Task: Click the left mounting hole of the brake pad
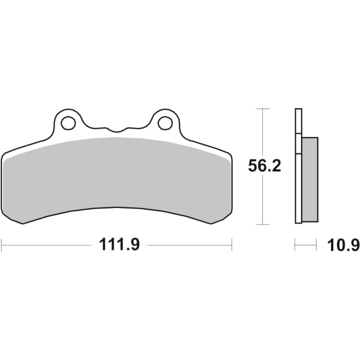[68, 123]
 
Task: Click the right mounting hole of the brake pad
[164, 123]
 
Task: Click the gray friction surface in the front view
[117, 177]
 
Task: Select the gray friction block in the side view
[309, 178]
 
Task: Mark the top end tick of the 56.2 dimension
[262, 109]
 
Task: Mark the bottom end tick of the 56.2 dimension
[262, 224]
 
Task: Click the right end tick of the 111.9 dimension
[232, 245]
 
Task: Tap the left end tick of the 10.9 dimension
[295, 245]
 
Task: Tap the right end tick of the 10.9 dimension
[316, 245]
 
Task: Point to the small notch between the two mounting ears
[116, 130]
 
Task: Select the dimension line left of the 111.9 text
[45, 245]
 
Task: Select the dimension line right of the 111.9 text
[189, 245]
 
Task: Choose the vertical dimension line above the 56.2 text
[262, 132]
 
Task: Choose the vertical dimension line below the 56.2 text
[262, 201]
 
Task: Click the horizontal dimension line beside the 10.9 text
[305, 245]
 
